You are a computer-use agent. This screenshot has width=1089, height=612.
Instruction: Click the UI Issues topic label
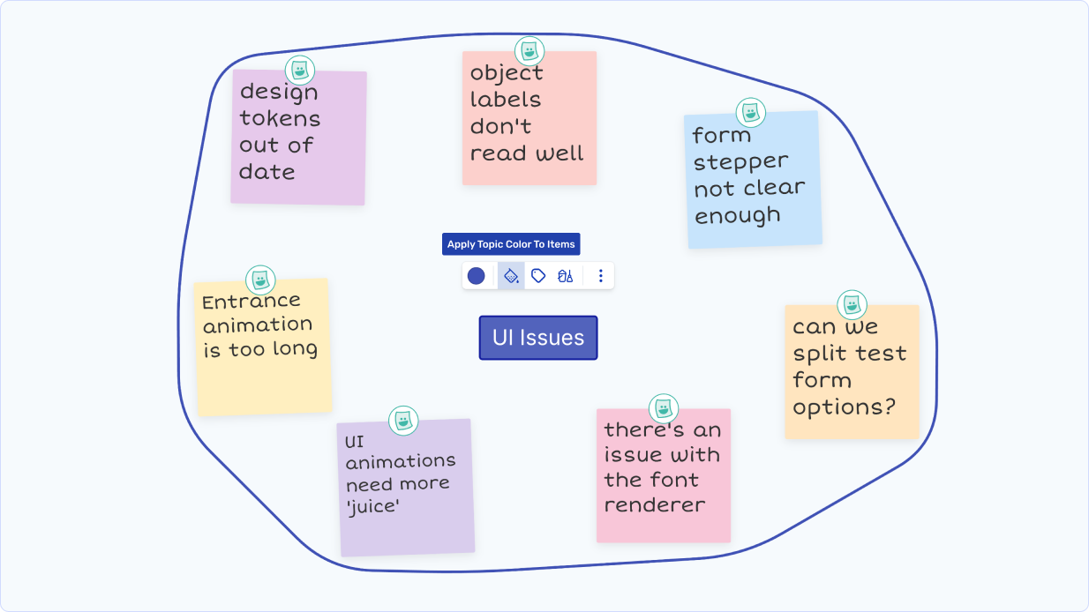coord(538,338)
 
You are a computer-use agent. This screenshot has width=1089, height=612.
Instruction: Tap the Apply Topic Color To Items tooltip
coord(511,244)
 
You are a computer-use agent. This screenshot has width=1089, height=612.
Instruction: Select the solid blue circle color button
coord(476,276)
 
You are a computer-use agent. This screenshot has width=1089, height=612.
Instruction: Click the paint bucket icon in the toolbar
coord(511,276)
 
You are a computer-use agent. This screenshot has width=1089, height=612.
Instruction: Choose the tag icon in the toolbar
coord(538,276)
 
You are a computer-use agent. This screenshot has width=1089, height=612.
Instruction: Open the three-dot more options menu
coord(601,276)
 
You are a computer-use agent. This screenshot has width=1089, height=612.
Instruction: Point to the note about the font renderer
coord(664,475)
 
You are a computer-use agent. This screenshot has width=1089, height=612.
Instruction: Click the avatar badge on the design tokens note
coord(300,69)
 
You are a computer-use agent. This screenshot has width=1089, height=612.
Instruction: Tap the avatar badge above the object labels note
coord(529,50)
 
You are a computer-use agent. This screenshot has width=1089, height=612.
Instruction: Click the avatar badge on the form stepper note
coord(751,112)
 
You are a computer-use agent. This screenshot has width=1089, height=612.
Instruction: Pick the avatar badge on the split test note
coord(852,305)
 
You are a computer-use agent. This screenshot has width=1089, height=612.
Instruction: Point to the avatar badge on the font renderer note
coord(664,408)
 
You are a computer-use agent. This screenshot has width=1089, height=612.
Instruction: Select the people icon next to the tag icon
coord(566,276)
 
